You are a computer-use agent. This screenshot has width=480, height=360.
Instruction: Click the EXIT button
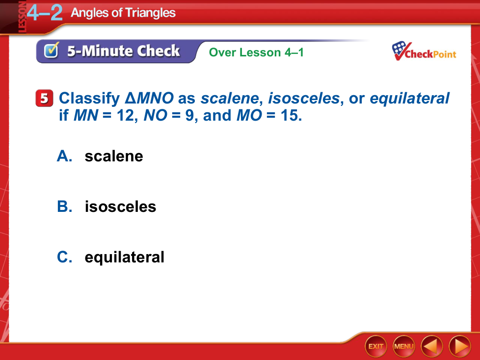tap(376, 346)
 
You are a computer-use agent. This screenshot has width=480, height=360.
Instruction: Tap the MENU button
tap(404, 346)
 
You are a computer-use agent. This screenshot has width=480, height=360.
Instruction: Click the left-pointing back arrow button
tap(432, 346)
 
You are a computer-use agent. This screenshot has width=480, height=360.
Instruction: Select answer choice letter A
tap(65, 156)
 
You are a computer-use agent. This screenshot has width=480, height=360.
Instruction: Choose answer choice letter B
tap(65, 206)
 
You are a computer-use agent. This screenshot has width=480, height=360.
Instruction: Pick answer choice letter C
tap(65, 257)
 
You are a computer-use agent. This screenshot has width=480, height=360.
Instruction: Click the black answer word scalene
tap(114, 156)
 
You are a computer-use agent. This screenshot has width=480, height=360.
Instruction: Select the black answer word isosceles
tap(120, 206)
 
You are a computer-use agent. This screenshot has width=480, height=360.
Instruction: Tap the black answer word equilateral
tap(124, 257)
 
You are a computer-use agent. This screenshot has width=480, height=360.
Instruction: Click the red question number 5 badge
tap(44, 98)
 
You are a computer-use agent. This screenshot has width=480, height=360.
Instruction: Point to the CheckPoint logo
tap(424, 51)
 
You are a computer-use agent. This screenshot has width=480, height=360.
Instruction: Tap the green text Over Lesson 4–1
tap(256, 52)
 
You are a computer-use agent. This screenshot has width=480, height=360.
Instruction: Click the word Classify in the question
tap(89, 99)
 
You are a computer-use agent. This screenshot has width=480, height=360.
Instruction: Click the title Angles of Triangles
tap(123, 13)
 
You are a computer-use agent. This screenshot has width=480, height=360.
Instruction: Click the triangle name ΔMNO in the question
tap(149, 98)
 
